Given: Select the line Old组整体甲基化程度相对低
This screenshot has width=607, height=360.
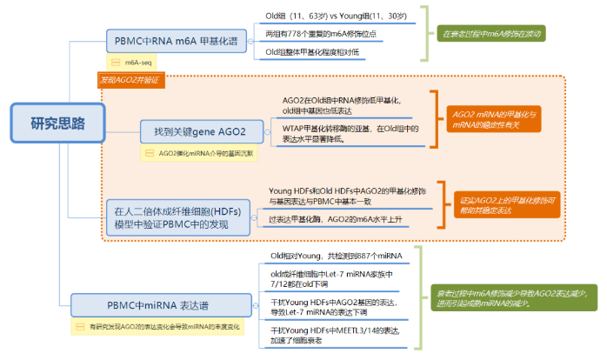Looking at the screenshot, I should [x=317, y=52].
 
